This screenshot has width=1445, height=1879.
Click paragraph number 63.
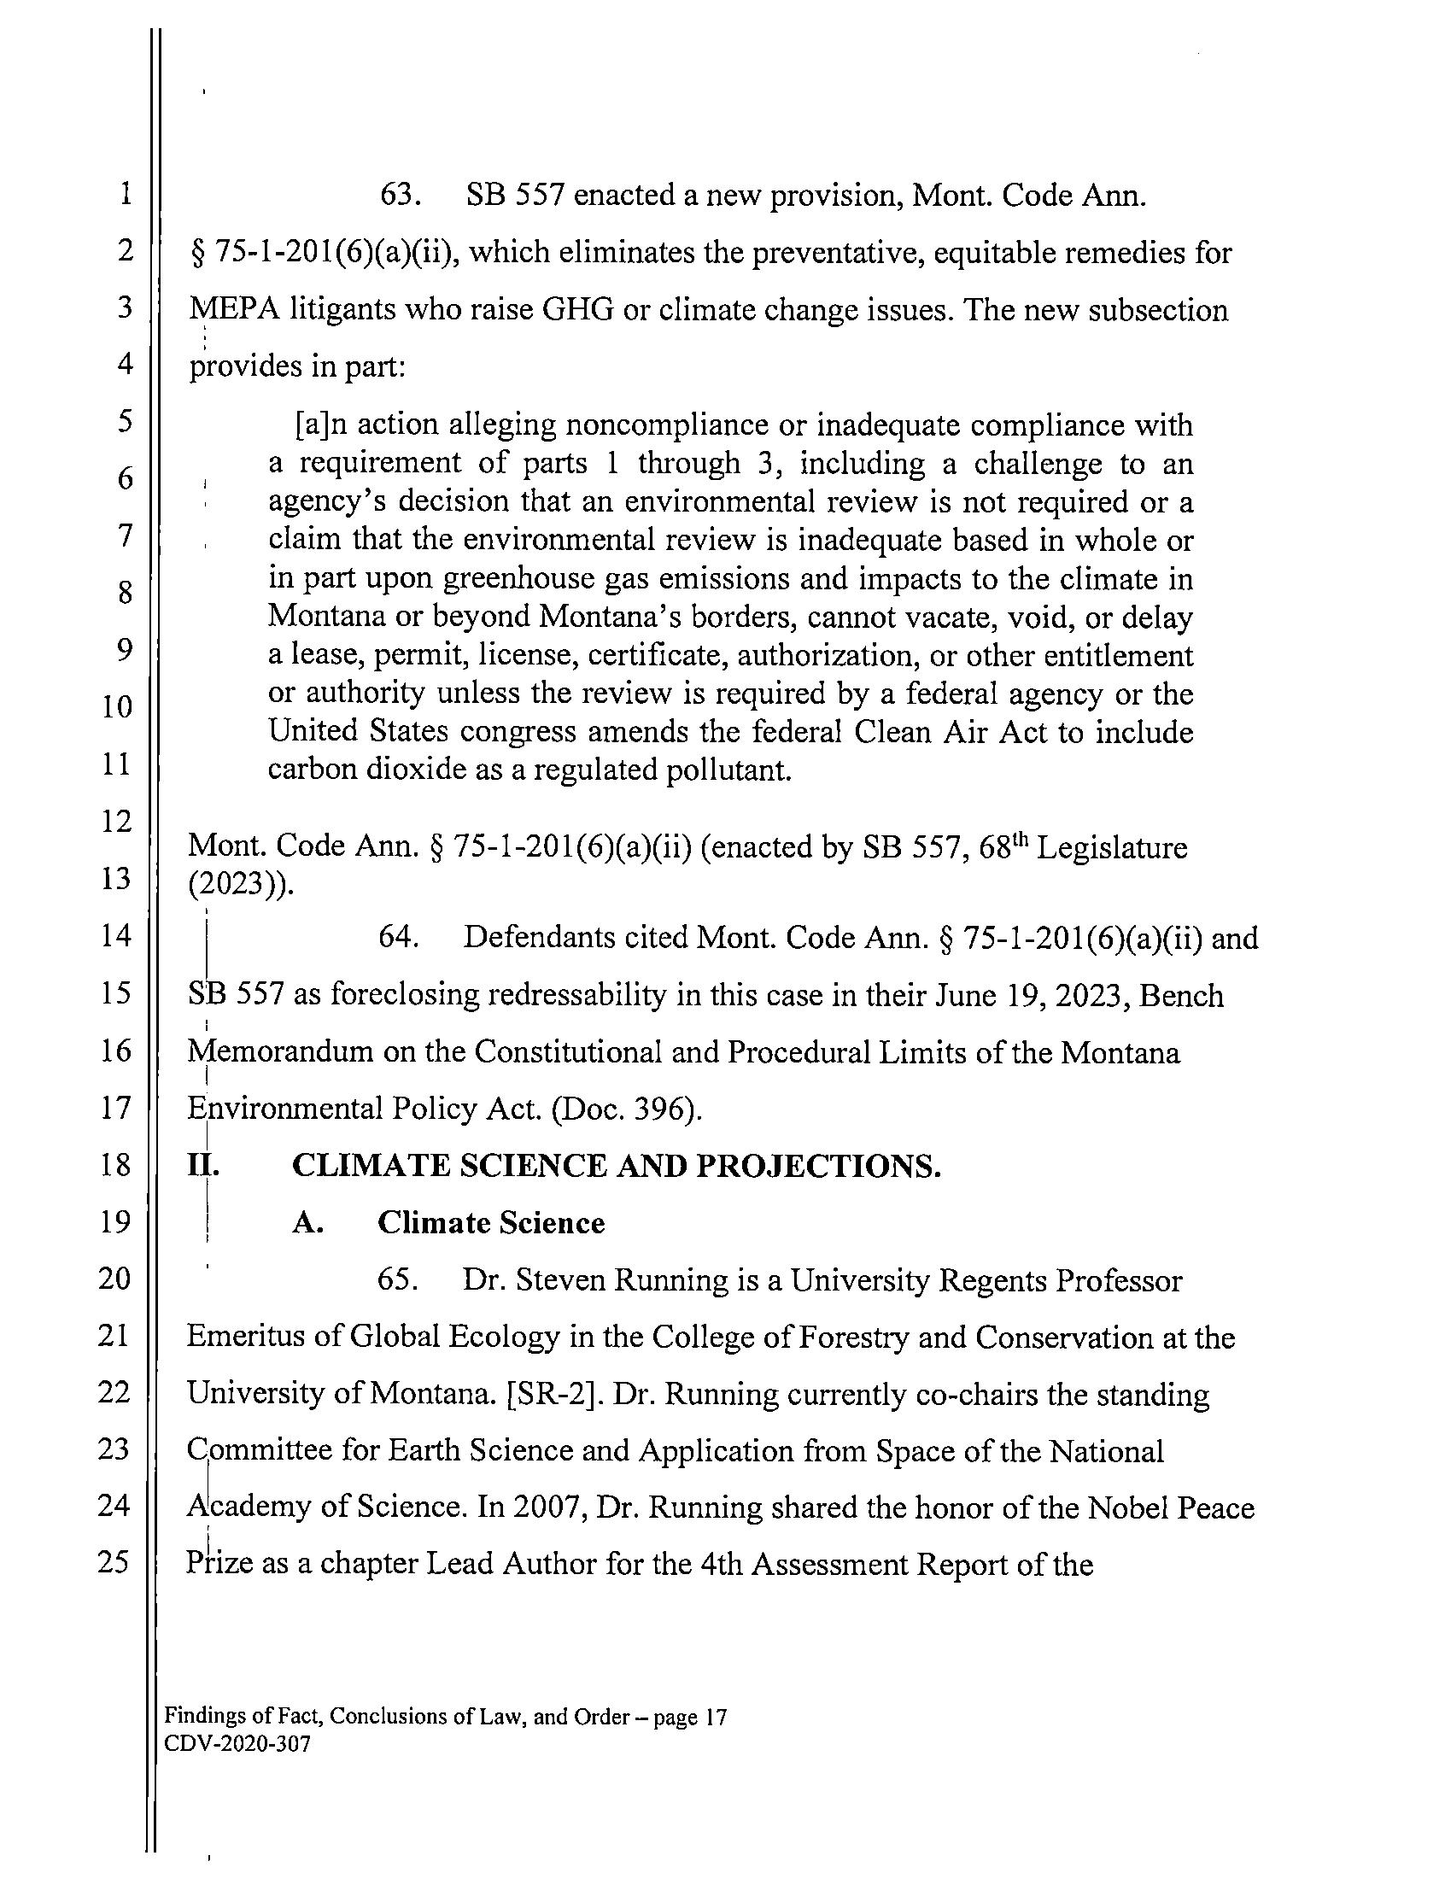[399, 196]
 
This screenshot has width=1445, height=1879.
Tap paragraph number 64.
[399, 936]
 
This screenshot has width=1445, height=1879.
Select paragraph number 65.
[398, 1280]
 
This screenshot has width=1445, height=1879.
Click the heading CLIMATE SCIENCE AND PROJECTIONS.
[616, 1166]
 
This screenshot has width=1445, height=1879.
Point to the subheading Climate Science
[491, 1223]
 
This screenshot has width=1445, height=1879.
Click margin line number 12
[115, 822]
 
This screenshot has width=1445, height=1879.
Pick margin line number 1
[126, 195]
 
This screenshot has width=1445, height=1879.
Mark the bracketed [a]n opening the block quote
[321, 425]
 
